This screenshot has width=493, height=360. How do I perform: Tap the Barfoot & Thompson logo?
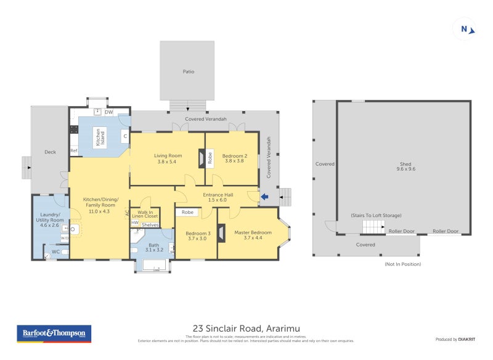(x=54, y=333)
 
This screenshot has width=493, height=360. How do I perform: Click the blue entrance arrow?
(x=264, y=197)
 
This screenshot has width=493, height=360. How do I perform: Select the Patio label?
(x=188, y=72)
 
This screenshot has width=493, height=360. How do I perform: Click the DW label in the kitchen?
(x=108, y=112)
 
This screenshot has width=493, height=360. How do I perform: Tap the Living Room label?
(x=168, y=159)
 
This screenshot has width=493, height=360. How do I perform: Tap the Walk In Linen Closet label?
(x=145, y=214)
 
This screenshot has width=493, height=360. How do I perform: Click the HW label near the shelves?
(x=135, y=223)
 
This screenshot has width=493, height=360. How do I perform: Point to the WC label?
(x=56, y=252)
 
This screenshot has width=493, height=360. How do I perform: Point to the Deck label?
(x=50, y=152)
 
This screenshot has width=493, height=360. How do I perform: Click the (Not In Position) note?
(x=402, y=264)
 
